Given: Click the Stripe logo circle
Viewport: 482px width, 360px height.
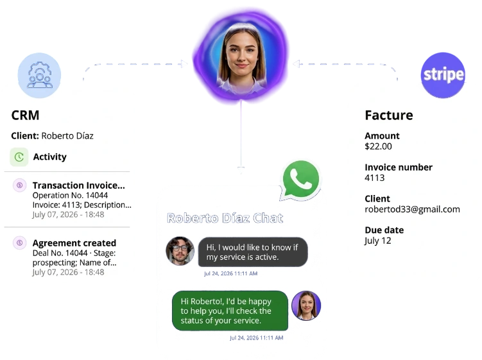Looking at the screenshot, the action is [443, 75].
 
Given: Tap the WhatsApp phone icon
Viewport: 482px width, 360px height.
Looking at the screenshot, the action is [300, 180].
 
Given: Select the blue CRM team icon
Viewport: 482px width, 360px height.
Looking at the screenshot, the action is [39, 75].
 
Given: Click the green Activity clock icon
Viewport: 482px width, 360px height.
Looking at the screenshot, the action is [19, 157].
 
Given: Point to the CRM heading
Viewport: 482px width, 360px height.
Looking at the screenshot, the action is [25, 116].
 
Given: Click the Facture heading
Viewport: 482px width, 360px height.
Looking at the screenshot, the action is [389, 116].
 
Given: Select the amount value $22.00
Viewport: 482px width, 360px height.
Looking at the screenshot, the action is [379, 146].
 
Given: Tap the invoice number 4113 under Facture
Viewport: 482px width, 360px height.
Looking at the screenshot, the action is [375, 178].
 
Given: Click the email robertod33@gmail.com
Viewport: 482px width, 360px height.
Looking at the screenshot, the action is [412, 209].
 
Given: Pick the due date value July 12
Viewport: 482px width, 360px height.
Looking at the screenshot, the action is [378, 241].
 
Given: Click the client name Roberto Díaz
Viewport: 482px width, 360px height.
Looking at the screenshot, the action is [67, 136].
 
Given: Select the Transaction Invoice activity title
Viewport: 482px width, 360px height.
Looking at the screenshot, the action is [79, 185].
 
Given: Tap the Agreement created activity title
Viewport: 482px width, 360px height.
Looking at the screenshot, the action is [74, 243].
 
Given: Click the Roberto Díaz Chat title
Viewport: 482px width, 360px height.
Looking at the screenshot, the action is [225, 218].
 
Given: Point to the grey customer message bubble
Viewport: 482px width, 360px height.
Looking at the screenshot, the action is [253, 252].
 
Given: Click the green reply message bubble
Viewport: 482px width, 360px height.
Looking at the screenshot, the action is [230, 311].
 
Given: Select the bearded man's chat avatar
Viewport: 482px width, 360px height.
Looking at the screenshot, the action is [180, 251].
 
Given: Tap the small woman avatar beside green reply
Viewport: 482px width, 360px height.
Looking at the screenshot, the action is [306, 305].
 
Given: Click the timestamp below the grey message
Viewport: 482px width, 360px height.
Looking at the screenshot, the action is [230, 273].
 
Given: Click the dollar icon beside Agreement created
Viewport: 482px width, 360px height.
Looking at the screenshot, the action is [19, 243].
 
